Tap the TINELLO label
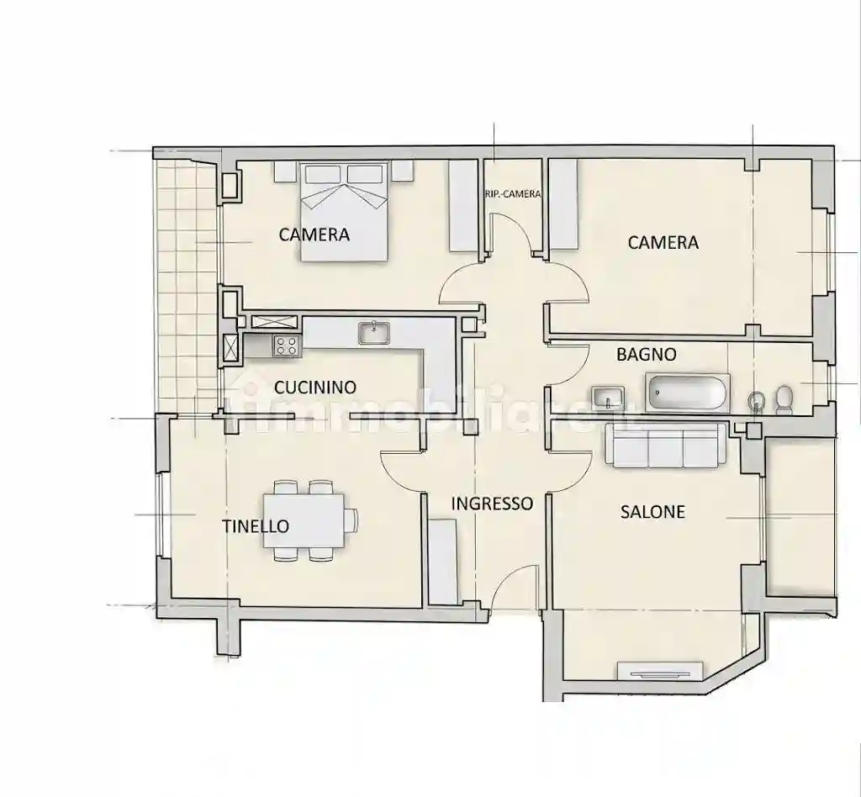256,526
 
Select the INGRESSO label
492,504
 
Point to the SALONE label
652,512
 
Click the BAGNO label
647,355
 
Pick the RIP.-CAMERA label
513,194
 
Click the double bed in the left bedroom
344,211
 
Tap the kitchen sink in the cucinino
374,333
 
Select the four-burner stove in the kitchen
288,346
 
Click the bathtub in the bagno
688,393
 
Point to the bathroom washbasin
608,398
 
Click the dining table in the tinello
304,520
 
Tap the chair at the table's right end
351,520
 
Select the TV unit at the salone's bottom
661,672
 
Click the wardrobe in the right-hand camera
564,204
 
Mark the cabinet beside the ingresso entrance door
442,562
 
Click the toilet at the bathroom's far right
784,399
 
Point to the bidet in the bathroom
757,401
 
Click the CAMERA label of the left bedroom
314,235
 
